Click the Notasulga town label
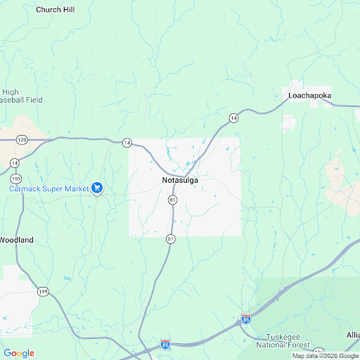point(175,181)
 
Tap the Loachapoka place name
point(310,95)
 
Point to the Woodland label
point(15,240)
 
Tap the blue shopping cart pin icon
point(98,188)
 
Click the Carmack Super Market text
point(49,188)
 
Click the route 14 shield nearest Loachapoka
point(233,118)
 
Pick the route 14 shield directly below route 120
point(15,163)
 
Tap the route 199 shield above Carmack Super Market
point(15,179)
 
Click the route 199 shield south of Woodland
point(43,291)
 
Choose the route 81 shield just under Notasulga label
point(172,200)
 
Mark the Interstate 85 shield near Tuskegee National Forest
point(245,319)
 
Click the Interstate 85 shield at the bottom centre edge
point(165,345)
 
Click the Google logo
point(19,353)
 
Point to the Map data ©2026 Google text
point(325,356)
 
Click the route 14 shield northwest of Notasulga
point(127,143)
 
